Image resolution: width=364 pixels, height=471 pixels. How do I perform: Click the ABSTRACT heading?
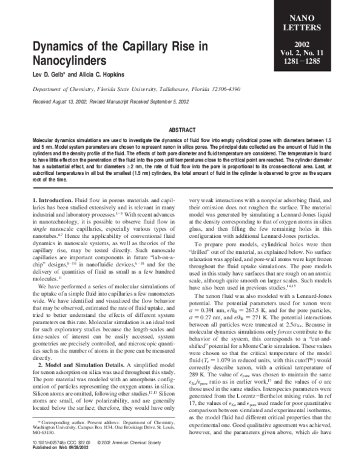(181, 130)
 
